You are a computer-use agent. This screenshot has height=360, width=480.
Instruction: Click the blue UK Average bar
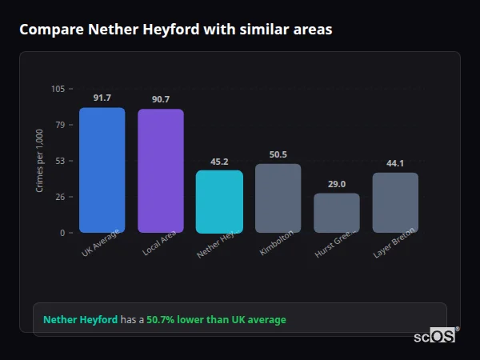tap(102, 170)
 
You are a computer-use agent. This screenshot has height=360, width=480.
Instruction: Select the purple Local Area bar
tap(160, 170)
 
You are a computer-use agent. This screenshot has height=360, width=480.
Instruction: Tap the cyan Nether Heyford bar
tap(219, 201)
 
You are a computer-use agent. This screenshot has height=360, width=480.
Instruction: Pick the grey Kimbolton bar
tap(278, 198)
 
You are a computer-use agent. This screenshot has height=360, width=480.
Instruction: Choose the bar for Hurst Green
tap(336, 213)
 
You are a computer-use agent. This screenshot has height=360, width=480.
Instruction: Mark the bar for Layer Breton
tap(395, 202)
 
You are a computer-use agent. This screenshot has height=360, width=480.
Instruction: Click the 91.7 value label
tap(102, 98)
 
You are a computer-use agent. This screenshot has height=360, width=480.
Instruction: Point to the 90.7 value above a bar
tap(160, 99)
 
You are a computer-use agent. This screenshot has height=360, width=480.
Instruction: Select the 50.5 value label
tap(278, 154)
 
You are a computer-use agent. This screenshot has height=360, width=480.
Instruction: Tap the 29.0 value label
tap(336, 184)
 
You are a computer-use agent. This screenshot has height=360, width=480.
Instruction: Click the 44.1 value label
tap(395, 163)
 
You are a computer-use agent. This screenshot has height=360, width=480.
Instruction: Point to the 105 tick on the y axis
tap(58, 89)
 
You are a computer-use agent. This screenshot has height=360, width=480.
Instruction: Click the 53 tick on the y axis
tap(61, 161)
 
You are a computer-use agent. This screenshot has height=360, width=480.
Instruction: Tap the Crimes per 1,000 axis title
tap(40, 160)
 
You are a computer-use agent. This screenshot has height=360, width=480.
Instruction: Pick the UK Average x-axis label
tap(100, 244)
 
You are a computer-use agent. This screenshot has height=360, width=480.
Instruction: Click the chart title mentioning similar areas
tap(175, 30)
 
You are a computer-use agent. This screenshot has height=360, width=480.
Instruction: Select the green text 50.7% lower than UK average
tap(216, 320)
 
